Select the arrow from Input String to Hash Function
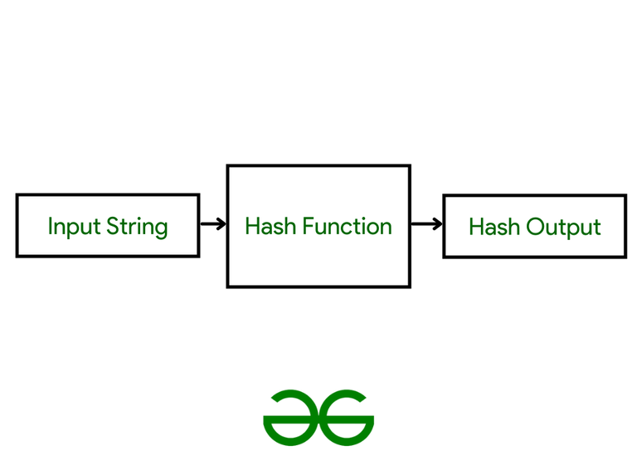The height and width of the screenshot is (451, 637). (x=213, y=224)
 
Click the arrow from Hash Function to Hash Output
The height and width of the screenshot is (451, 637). (x=426, y=224)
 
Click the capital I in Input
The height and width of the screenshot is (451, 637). (x=51, y=226)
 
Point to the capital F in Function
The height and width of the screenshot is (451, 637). (x=307, y=226)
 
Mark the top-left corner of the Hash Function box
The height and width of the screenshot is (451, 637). (x=228, y=166)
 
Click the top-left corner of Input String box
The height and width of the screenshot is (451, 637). (x=17, y=195)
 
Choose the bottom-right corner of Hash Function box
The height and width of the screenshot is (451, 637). (x=410, y=287)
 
